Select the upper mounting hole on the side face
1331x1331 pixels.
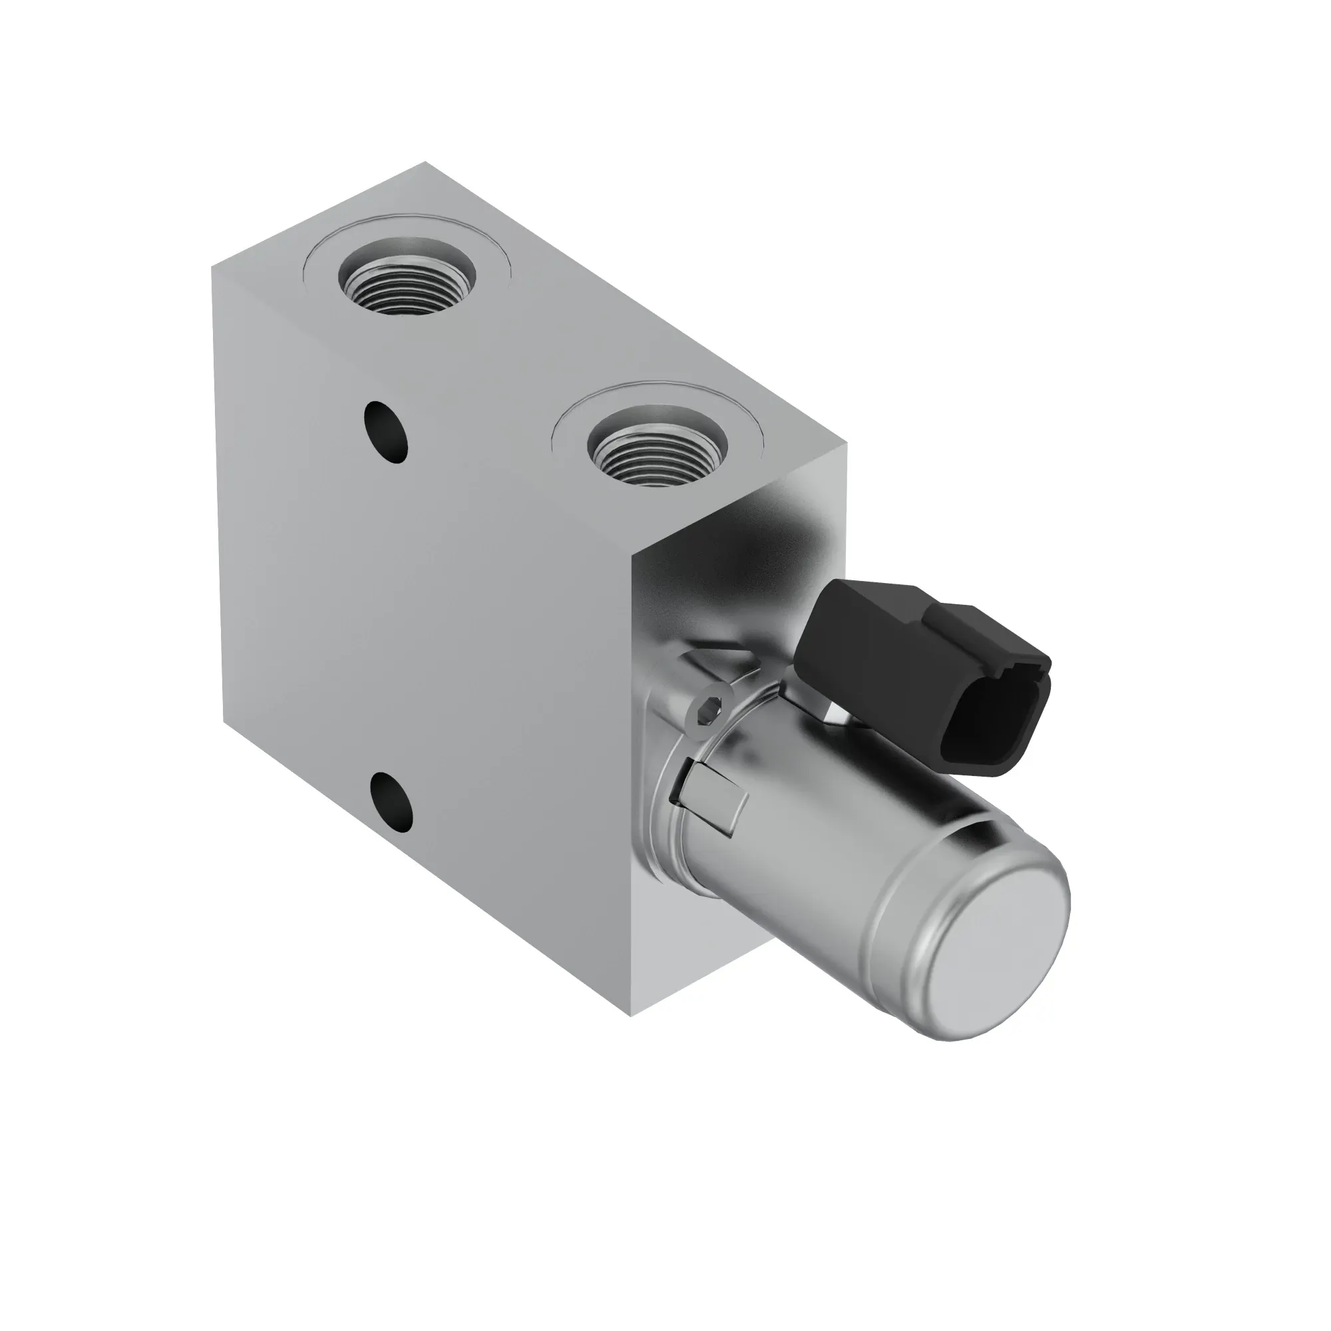pyautogui.click(x=387, y=432)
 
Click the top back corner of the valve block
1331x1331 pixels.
pyautogui.click(x=425, y=162)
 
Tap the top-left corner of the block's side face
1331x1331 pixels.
pyautogui.click(x=212, y=268)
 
